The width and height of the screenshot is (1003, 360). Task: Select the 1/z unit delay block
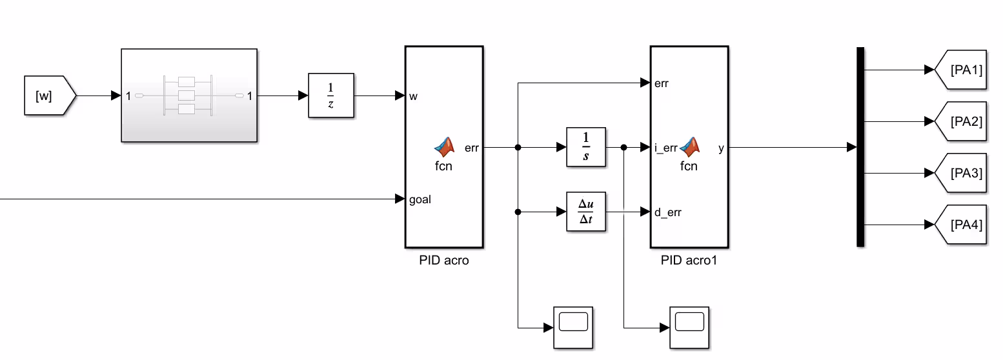[x=331, y=95]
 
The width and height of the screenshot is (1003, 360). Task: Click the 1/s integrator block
[x=585, y=147]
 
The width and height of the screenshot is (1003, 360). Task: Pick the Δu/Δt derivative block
[x=585, y=212]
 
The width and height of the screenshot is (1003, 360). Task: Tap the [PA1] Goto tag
[x=961, y=70]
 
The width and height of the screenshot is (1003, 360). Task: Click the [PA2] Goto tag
[x=961, y=121]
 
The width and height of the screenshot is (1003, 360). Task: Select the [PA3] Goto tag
[x=961, y=173]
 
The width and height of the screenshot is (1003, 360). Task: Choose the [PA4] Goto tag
[x=961, y=225]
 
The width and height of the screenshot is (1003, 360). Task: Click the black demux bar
[x=860, y=147]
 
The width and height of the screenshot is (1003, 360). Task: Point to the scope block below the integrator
[x=573, y=327]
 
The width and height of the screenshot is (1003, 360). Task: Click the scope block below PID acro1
[x=689, y=327]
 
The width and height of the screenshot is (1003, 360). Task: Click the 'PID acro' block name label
[x=444, y=260]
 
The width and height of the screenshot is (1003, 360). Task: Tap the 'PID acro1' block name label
[x=689, y=260]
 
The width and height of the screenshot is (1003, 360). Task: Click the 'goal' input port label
[x=420, y=199]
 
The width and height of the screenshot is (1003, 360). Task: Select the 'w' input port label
[x=413, y=96]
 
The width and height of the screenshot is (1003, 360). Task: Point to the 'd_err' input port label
[x=667, y=212]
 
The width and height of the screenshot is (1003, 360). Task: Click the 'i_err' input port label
[x=666, y=148]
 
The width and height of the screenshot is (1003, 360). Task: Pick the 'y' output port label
[x=721, y=148]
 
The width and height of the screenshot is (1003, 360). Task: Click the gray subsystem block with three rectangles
[x=189, y=95]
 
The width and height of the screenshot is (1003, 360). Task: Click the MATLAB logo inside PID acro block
[x=444, y=147]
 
